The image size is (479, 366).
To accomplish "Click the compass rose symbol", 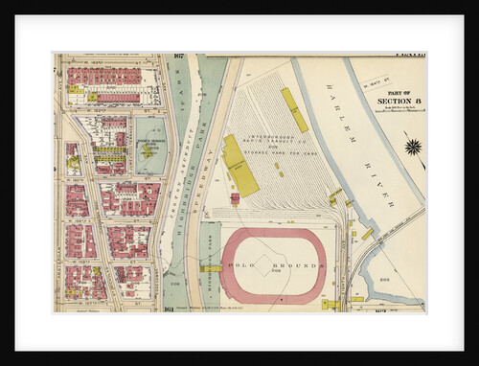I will tap(413, 147).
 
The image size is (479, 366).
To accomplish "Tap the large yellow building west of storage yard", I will tap(239, 166).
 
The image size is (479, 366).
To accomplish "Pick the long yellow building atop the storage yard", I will tap(294, 109).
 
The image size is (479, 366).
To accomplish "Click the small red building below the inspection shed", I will tap(235, 198).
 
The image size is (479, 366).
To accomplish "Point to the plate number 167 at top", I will tap(178, 57).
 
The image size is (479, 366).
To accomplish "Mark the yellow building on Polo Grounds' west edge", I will tap(212, 268).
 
